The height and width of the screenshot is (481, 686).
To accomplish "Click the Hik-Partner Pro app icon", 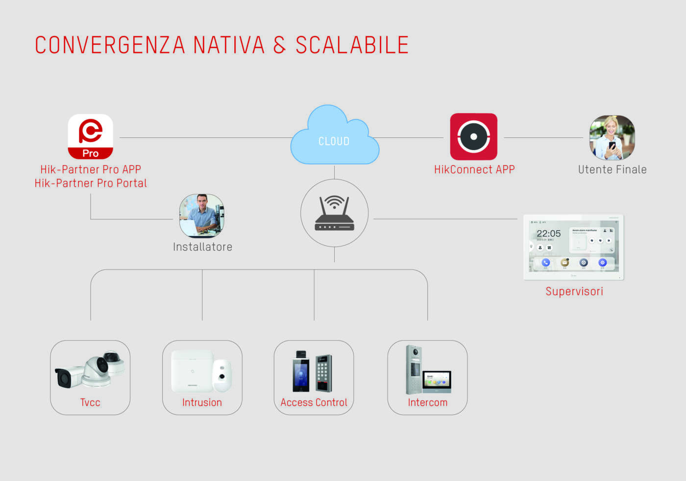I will click(x=90, y=137).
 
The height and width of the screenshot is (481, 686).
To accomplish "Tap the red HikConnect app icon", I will click(x=473, y=137).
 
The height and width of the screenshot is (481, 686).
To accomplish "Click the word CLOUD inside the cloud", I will click(x=334, y=141).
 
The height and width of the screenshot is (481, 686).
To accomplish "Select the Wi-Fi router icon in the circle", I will click(x=334, y=214).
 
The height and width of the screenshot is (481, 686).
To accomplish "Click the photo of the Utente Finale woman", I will click(x=612, y=138).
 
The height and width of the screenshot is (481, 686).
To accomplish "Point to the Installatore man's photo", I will click(x=202, y=216).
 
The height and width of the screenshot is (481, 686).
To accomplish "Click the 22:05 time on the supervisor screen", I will click(x=548, y=234).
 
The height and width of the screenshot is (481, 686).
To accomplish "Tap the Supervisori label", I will click(x=574, y=292).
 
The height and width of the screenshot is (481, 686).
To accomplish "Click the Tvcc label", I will click(x=90, y=403).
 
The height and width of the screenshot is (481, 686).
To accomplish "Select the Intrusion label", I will click(x=202, y=403).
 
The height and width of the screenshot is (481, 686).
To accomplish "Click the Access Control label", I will click(x=314, y=403).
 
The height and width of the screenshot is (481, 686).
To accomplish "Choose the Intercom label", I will click(x=427, y=403).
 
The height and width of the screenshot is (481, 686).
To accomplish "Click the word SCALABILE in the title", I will click(x=352, y=46).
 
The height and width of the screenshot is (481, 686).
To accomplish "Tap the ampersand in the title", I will click(x=279, y=46).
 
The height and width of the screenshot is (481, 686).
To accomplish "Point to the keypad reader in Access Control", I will click(x=323, y=373).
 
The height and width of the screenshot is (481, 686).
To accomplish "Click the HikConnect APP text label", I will click(x=474, y=170).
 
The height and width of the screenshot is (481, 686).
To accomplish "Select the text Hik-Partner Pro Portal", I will click(x=91, y=184).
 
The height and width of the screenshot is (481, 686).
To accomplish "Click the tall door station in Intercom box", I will click(x=414, y=370).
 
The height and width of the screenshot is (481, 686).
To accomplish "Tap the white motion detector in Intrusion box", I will click(x=222, y=375).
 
